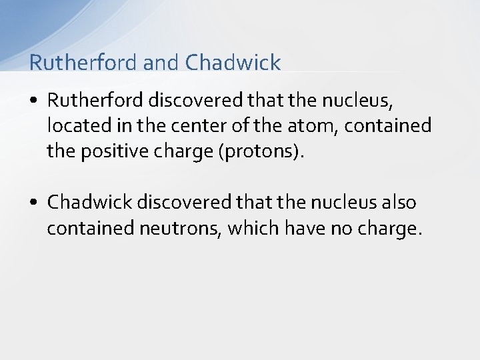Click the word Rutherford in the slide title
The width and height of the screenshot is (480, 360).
tap(83, 63)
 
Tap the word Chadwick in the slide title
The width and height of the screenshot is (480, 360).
tap(233, 63)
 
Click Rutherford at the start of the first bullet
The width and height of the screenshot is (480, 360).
tap(95, 100)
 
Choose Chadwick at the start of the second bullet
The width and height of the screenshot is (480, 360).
tap(91, 202)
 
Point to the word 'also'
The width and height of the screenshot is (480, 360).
tap(397, 202)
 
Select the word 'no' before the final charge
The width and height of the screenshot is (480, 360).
tap(345, 228)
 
